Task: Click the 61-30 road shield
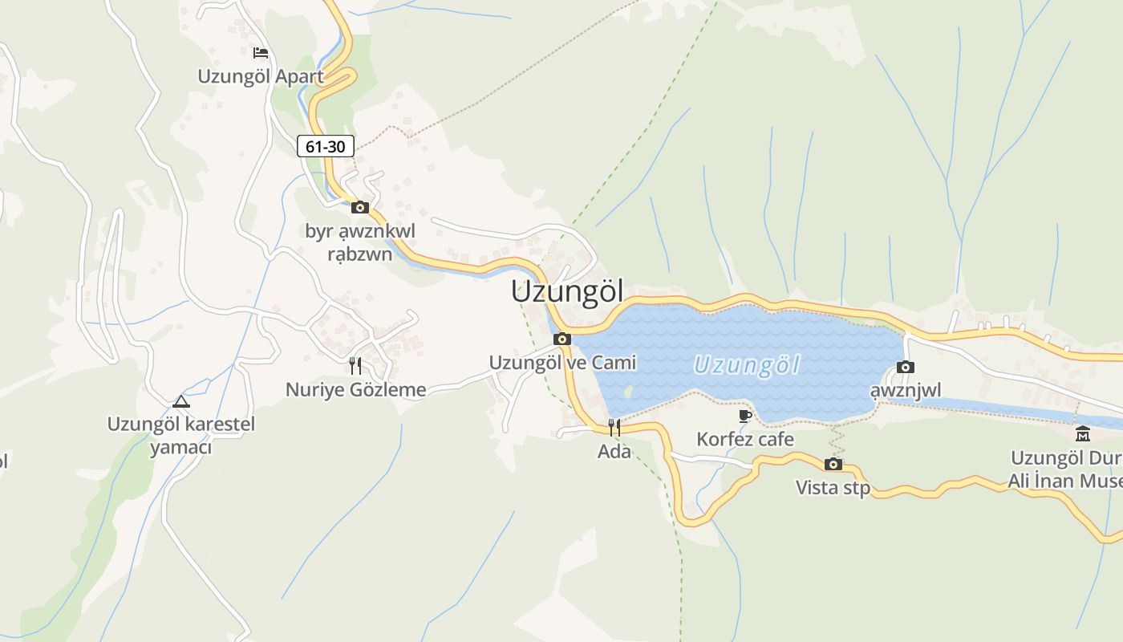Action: coord(326,146)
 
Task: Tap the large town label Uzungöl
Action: coord(567,291)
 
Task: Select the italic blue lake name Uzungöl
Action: coord(747,365)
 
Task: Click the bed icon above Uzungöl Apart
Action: coord(260,53)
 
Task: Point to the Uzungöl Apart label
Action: coord(261,77)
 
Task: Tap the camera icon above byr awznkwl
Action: coord(360,207)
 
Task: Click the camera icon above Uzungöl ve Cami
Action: coord(562,339)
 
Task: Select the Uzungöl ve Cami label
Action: coord(562,363)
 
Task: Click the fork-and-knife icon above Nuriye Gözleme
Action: coord(355,366)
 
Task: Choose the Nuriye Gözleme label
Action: coord(355,390)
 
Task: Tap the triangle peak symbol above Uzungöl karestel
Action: coord(180,400)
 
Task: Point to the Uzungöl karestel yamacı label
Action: coord(180,435)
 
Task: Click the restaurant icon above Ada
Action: coord(614,427)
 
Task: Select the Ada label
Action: coord(614,452)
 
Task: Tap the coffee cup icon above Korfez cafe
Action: coord(745,416)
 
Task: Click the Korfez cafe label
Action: coord(745,440)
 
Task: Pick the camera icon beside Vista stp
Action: coord(833,464)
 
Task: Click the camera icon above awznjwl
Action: coord(906,367)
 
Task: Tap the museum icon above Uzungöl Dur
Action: coord(1083,434)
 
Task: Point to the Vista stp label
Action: coord(833,488)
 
